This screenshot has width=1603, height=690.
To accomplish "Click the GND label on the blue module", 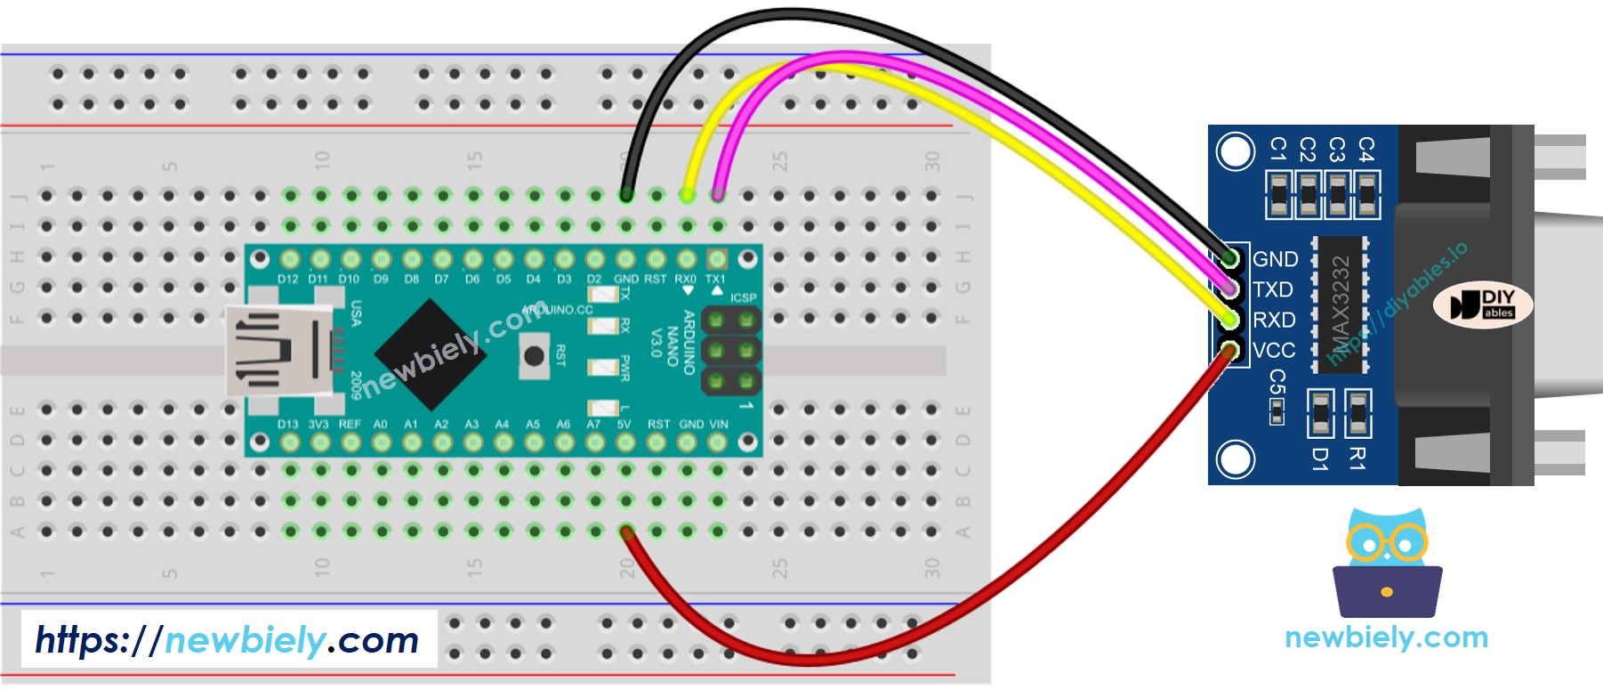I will pyautogui.click(x=1275, y=259).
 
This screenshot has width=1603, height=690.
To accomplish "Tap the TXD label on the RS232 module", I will pyautogui.click(x=1273, y=289).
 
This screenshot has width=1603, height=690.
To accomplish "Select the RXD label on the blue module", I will pyautogui.click(x=1274, y=320).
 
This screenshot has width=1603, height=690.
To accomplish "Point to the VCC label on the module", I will pyautogui.click(x=1274, y=350).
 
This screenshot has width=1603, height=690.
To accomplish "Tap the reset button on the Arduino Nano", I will pyautogui.click(x=534, y=356).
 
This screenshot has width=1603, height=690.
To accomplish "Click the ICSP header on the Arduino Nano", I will pyautogui.click(x=731, y=351).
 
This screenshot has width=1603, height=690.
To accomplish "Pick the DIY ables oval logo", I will pyautogui.click(x=1483, y=304).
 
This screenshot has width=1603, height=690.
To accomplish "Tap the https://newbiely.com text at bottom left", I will pyautogui.click(x=227, y=639).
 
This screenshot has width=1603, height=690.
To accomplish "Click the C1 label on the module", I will pyautogui.click(x=1278, y=149).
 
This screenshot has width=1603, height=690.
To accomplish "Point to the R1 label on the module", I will pyautogui.click(x=1357, y=459).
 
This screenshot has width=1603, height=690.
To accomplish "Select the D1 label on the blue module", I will pyautogui.click(x=1320, y=459).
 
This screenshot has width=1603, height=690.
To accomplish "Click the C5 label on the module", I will pyautogui.click(x=1277, y=383).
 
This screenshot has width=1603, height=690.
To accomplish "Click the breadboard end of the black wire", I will pyautogui.click(x=626, y=195).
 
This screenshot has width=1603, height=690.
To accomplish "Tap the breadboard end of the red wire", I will pyautogui.click(x=626, y=532).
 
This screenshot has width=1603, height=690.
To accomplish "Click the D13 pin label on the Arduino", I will pyautogui.click(x=287, y=424).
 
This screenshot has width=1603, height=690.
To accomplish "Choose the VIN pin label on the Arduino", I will pyautogui.click(x=717, y=424).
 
